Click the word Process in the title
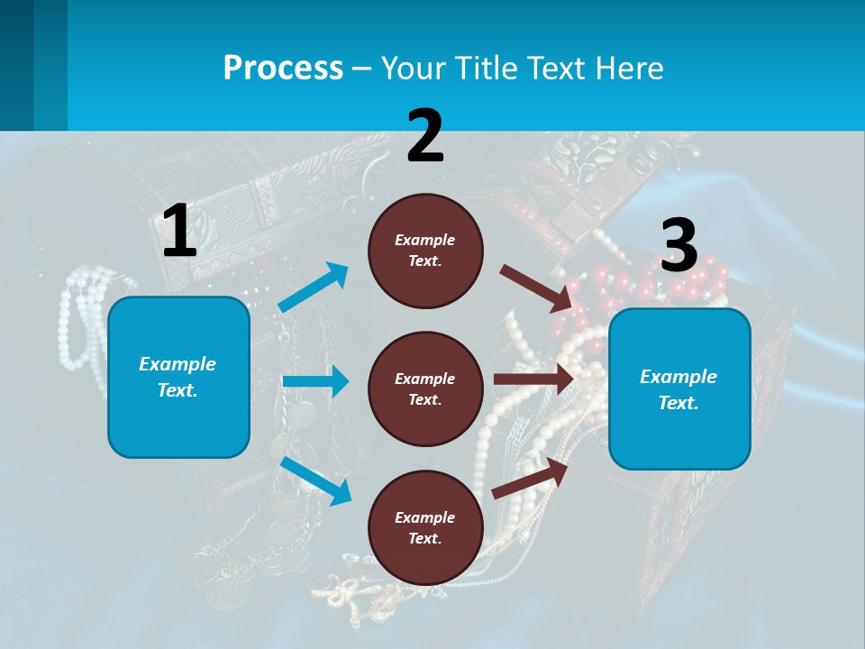click(283, 68)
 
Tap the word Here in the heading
click(628, 68)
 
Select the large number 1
click(179, 232)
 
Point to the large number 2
click(425, 136)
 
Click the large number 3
click(679, 246)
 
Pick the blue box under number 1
click(178, 377)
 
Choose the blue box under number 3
click(679, 388)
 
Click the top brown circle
click(425, 250)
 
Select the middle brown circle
click(425, 388)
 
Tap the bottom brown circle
click(425, 527)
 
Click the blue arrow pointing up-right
click(314, 288)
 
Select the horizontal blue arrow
click(315, 381)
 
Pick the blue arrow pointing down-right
click(315, 480)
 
